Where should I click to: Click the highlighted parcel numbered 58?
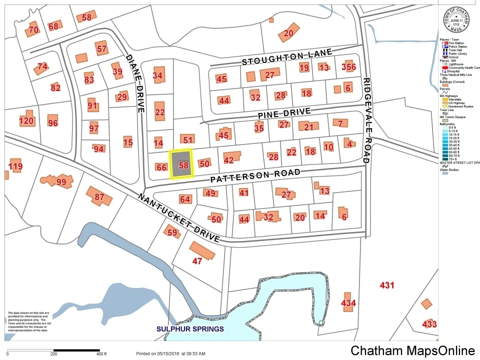(x=181, y=163)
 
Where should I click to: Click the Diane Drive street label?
(x=135, y=82)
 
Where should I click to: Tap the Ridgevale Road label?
(x=366, y=120)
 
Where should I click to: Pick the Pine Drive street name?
(x=284, y=113)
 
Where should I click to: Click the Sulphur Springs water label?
(x=190, y=329)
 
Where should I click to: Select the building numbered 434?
(x=348, y=303)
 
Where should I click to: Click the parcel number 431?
(x=387, y=285)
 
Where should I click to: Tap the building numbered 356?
(x=348, y=67)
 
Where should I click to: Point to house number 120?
(x=26, y=120)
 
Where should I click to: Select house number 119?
(x=15, y=166)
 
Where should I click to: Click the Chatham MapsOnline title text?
(x=412, y=350)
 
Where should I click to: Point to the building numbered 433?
(x=429, y=324)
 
